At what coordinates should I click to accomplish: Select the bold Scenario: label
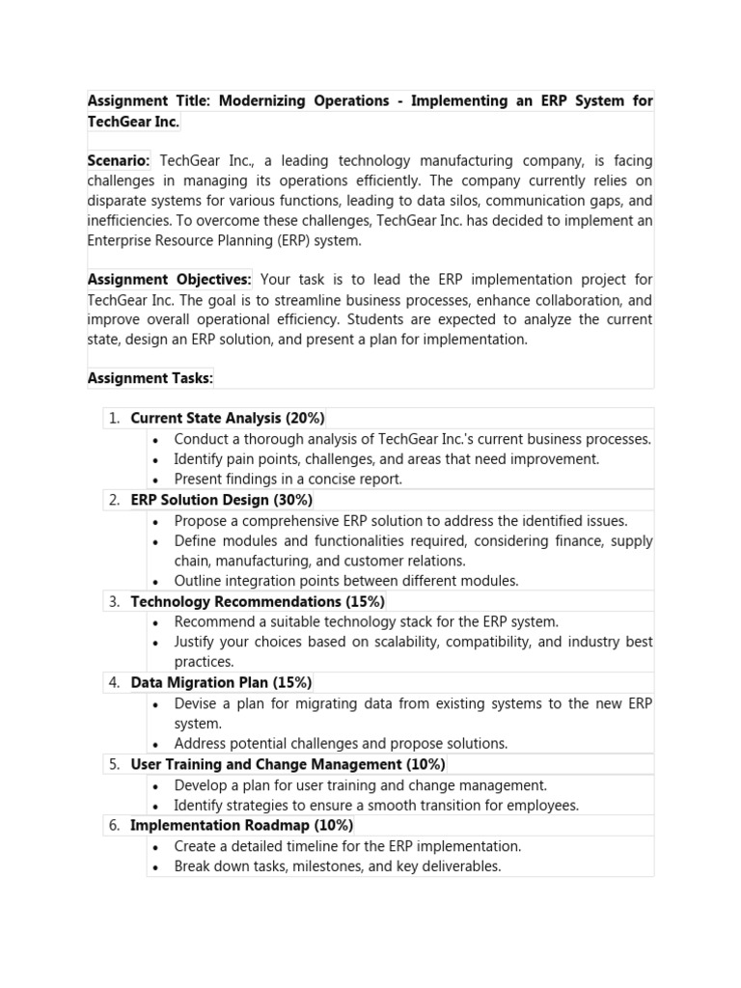119,161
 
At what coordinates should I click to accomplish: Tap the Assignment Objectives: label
169,280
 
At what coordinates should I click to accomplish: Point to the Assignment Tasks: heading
151,378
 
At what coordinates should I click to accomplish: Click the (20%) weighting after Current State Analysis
305,419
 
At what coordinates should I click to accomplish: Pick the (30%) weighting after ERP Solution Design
292,500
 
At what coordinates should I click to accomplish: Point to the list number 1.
114,419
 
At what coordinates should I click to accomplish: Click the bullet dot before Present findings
156,480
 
